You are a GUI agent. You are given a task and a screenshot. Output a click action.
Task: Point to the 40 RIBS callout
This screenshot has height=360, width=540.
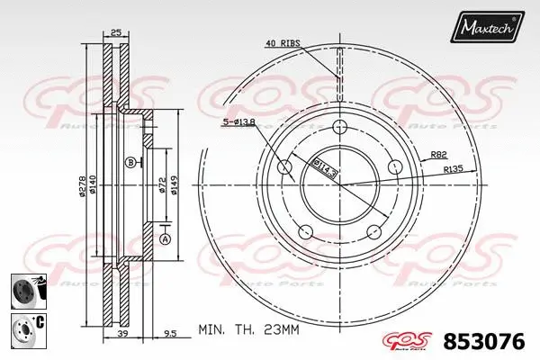pos(282,42)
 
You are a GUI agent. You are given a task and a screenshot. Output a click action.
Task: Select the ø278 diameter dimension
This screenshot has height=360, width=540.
pos(82,184)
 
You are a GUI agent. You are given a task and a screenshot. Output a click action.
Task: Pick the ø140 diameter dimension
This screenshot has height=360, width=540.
pos(94,184)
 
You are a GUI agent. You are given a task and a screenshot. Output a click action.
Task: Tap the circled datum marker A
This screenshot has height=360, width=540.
pos(165,238)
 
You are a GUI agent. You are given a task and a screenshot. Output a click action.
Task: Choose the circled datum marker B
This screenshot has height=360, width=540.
pos(130,163)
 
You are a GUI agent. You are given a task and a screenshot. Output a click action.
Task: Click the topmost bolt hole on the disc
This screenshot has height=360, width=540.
pos(340,127)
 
